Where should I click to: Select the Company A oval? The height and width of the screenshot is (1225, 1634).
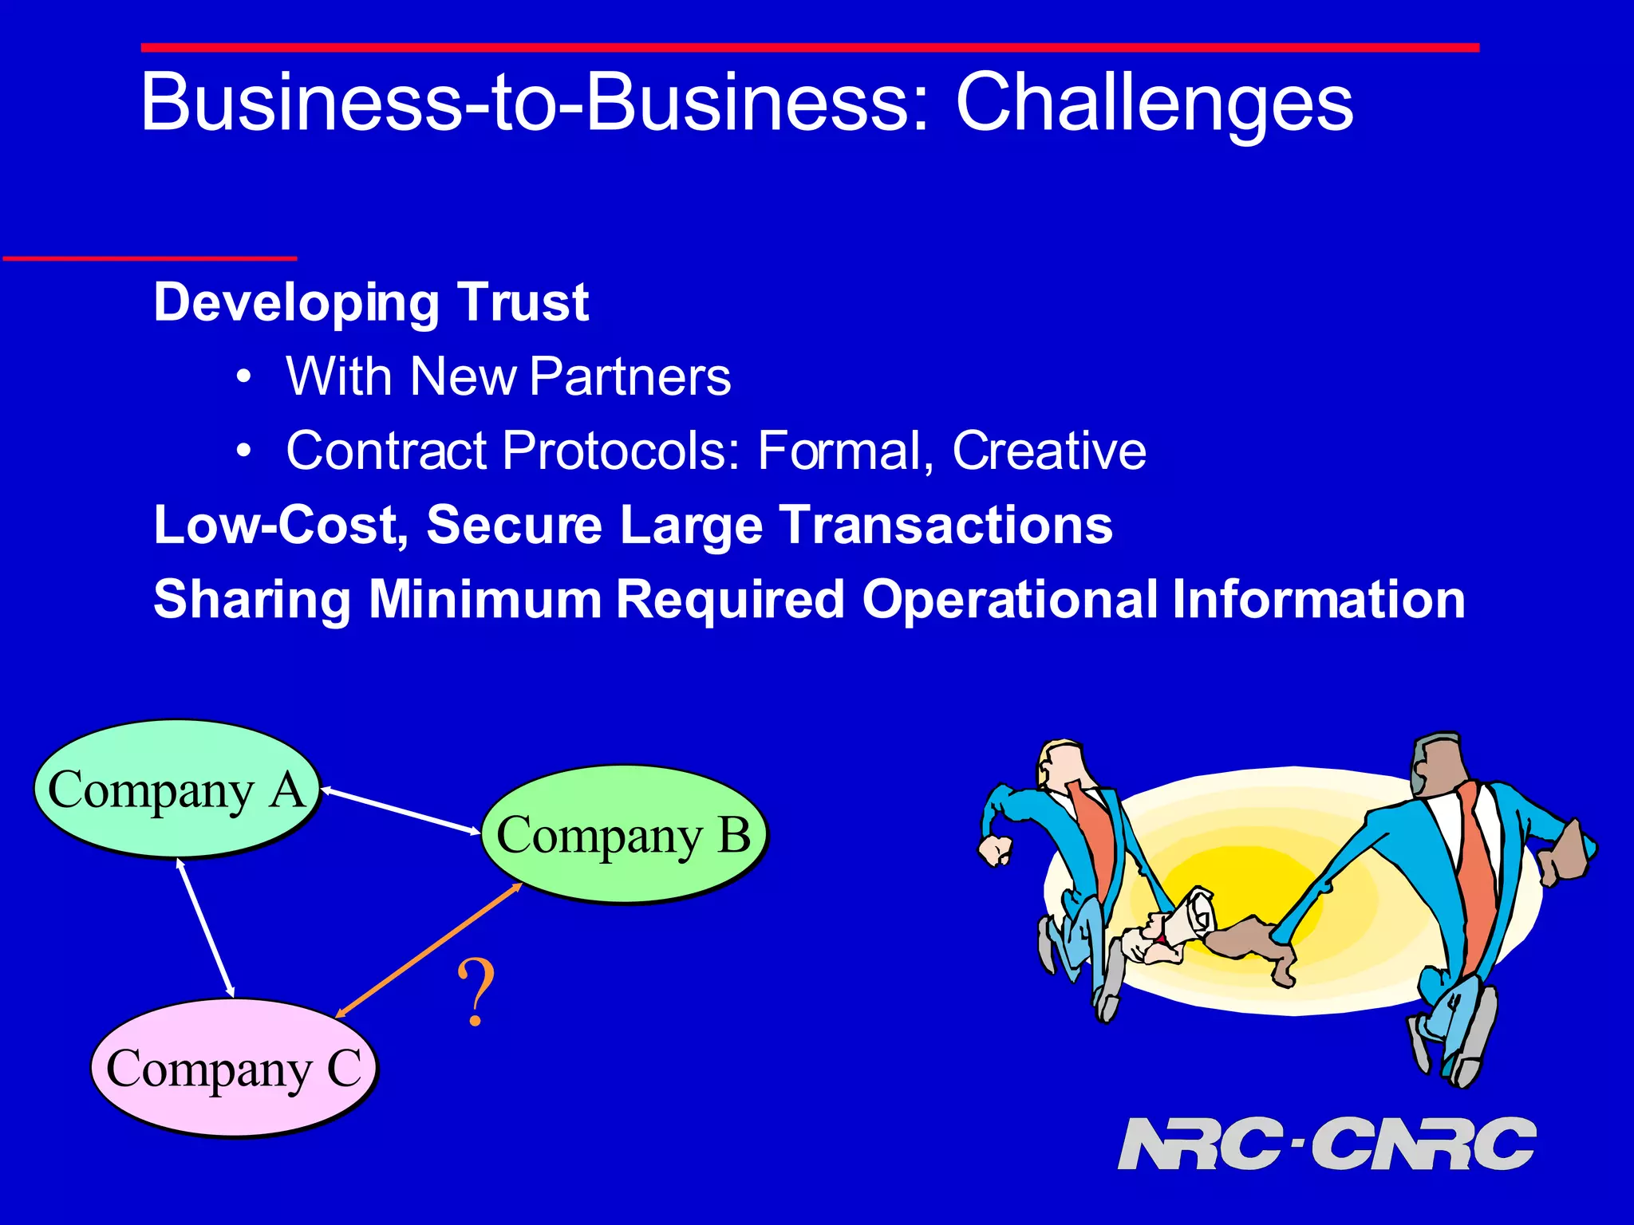(x=176, y=789)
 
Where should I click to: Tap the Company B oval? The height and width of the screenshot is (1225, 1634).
(x=624, y=834)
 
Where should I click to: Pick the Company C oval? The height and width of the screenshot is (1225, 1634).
(x=233, y=1067)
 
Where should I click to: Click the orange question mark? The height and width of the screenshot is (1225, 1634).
(x=476, y=994)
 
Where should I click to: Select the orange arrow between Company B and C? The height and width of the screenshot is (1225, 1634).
(x=428, y=951)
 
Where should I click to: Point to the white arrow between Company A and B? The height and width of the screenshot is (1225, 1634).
(x=401, y=811)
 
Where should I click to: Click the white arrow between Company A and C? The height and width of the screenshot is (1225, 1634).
(x=205, y=928)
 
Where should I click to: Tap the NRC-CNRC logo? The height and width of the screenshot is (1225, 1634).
(x=1326, y=1144)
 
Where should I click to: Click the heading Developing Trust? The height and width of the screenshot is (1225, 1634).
(x=371, y=302)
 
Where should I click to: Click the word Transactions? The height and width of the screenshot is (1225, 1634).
(x=945, y=525)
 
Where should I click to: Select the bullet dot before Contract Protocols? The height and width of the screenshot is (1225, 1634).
(x=245, y=451)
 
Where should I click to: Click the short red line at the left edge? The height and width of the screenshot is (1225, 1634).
(x=150, y=258)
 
